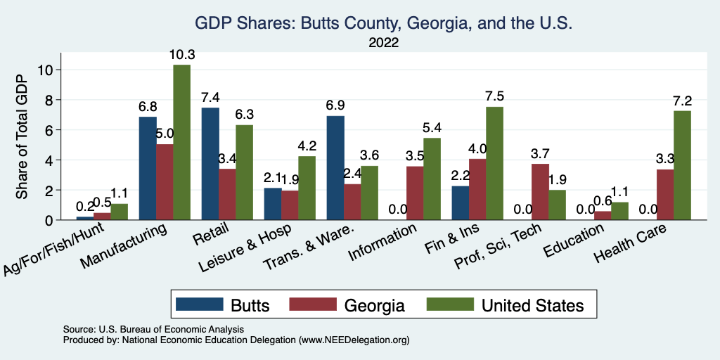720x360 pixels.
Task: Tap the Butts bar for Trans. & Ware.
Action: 335,168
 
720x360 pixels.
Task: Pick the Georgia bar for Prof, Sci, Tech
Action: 540,192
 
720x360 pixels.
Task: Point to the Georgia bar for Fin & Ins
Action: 477,189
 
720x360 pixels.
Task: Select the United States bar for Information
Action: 432,179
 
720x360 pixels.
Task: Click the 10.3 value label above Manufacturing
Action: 181,54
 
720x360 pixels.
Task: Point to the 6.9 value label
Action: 335,105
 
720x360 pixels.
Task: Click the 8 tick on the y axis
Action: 49,100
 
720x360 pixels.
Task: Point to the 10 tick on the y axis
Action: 46,70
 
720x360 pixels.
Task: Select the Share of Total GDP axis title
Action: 22,137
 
